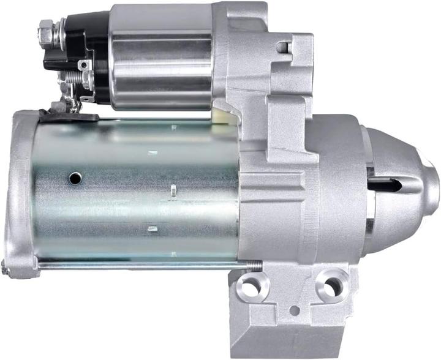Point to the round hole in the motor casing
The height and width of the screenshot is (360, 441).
[75, 178]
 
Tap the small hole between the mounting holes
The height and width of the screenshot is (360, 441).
[295, 310]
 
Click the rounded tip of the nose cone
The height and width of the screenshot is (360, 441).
[432, 178]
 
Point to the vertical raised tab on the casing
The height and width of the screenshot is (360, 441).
[174, 190]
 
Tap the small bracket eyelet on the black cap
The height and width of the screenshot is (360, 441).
[83, 64]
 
